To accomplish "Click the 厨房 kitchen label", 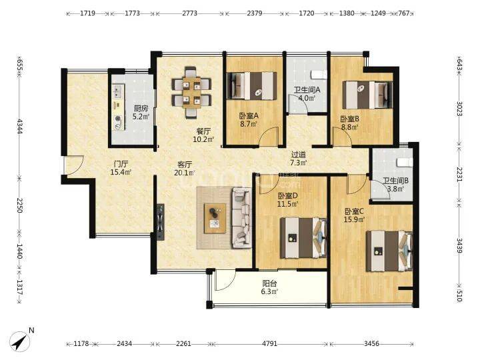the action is point(141,109).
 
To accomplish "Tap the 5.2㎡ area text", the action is point(141,116).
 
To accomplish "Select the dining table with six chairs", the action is point(191,92).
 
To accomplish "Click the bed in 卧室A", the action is point(252,86).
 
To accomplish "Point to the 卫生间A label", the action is point(307,90).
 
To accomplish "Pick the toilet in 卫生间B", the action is point(404,162).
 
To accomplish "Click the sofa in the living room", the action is point(241,217).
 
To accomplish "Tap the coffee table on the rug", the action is point(215,218).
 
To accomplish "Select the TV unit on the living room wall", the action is point(160,222).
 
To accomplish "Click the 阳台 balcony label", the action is point(269,283).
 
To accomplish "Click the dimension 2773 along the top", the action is point(190,13).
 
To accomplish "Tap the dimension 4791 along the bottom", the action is point(270,344).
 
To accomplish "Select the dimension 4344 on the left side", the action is point(19,126).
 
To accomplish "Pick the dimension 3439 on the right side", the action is point(459,245).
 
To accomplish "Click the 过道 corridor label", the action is point(298,155).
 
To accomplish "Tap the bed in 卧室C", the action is point(389,251).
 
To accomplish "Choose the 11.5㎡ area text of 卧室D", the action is point(288,203).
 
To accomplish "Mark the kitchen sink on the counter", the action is point(117,91).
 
